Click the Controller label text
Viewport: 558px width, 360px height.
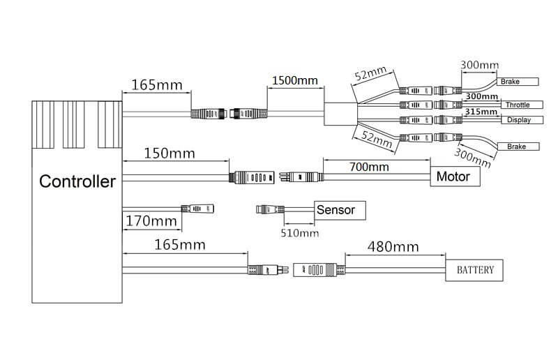[x=77, y=182]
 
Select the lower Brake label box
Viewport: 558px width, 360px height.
[x=517, y=147]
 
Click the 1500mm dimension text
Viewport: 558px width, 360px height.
[x=293, y=80]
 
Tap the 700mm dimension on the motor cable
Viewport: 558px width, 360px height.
[x=369, y=167]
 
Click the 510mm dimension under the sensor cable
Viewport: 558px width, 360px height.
[x=299, y=233]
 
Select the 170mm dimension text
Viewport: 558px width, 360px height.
[x=151, y=222]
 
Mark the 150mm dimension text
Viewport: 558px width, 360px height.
[x=169, y=153]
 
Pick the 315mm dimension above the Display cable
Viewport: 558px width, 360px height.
[x=481, y=112]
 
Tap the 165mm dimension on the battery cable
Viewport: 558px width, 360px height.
[x=180, y=245]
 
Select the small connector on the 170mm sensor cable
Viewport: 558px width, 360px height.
[x=198, y=208]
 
